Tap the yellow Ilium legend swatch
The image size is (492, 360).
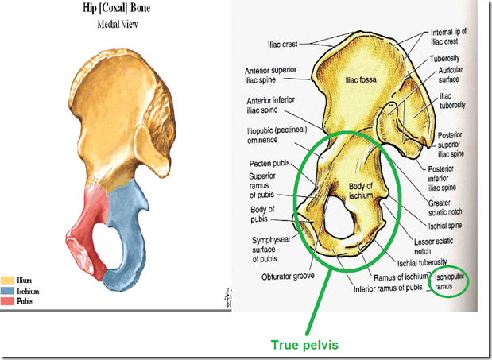pos(7,281)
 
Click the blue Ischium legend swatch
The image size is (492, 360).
pos(7,292)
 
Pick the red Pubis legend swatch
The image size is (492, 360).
pos(7,303)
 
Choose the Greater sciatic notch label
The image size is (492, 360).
pos(450,209)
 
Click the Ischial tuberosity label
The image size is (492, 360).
pos(428,261)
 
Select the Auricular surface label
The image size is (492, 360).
pos(455,75)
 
